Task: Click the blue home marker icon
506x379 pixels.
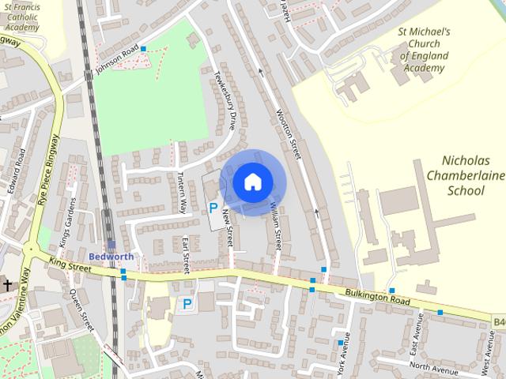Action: (x=251, y=182)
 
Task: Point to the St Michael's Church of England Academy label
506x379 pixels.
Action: (x=425, y=50)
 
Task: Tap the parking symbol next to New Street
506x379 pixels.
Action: (x=213, y=208)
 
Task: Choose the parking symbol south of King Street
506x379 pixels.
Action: (x=187, y=303)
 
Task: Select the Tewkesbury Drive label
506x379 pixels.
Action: (x=225, y=100)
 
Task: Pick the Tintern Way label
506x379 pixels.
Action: (x=182, y=192)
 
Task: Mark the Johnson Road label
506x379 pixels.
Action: (x=116, y=58)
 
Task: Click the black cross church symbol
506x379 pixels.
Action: (x=8, y=284)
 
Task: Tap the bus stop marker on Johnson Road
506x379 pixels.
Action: (x=143, y=49)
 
